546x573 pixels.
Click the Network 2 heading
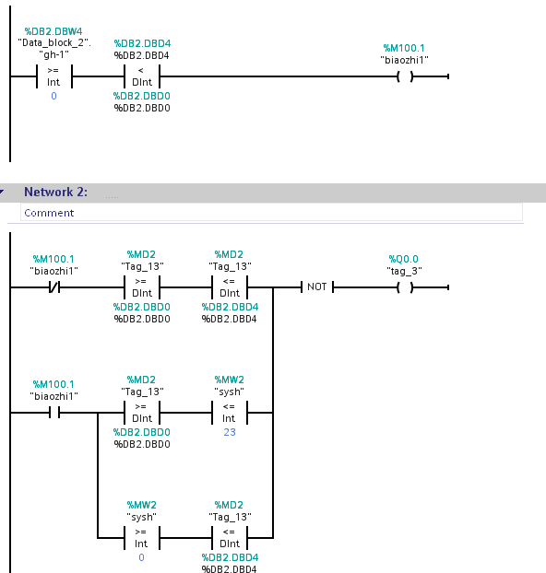click(55, 192)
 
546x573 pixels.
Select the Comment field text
click(49, 213)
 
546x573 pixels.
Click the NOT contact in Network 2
click(317, 287)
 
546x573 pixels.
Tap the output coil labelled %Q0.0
click(405, 287)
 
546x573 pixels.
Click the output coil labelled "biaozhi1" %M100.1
click(405, 76)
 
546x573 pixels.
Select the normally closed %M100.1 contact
click(54, 287)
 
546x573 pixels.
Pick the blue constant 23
click(230, 432)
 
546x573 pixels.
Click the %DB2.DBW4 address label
click(53, 31)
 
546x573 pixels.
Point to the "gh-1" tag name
click(53, 55)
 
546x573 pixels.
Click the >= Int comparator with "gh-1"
click(54, 76)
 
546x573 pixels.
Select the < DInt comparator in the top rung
click(142, 76)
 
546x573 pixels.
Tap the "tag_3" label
click(404, 271)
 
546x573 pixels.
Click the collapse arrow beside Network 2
click(2, 192)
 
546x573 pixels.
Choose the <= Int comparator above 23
click(230, 413)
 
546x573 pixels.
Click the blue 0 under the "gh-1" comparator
click(53, 96)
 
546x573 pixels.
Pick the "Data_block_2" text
click(53, 43)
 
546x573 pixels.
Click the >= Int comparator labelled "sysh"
click(142, 538)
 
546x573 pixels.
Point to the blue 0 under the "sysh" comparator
click(142, 557)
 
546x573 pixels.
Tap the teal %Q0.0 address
click(404, 259)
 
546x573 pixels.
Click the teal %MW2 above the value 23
click(229, 380)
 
